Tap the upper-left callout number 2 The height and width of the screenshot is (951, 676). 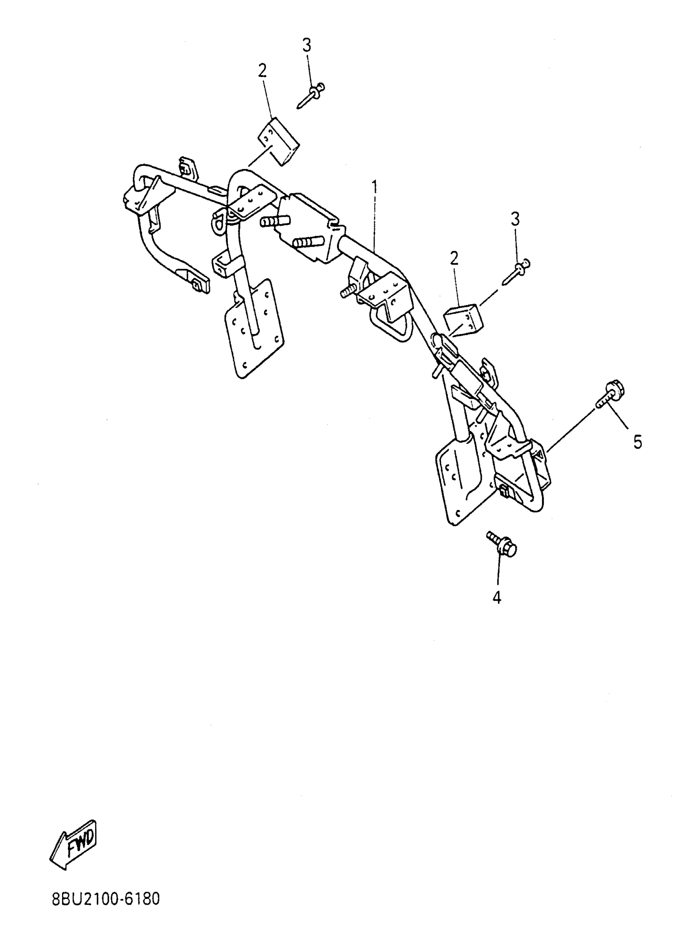tap(262, 71)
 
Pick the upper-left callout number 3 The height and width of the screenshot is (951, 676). tap(307, 45)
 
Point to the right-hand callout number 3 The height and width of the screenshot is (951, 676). tap(516, 219)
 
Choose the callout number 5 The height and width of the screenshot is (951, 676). tap(638, 442)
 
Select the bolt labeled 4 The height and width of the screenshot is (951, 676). tap(502, 544)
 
